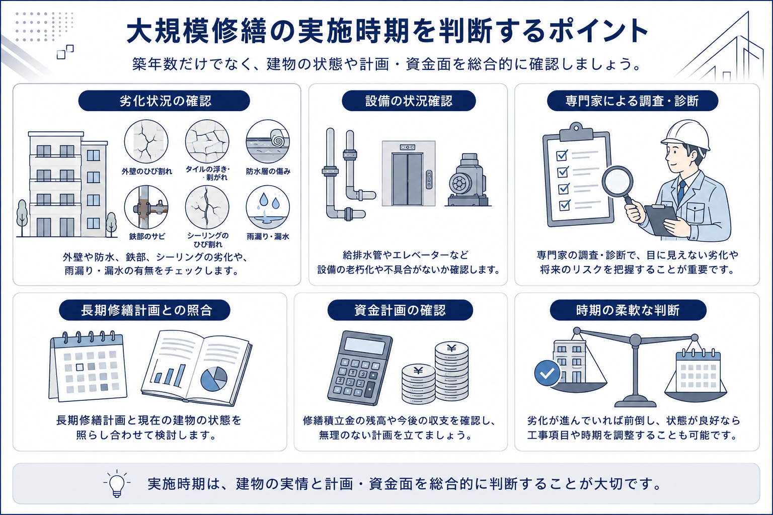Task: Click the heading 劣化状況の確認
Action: (x=165, y=101)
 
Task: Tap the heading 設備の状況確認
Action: (x=409, y=101)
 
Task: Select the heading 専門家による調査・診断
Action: (x=632, y=101)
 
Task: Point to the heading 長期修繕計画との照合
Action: (x=146, y=310)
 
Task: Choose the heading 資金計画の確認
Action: (x=400, y=310)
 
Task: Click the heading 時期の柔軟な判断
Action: (x=628, y=310)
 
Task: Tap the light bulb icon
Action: (x=117, y=484)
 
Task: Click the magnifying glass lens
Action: (x=617, y=182)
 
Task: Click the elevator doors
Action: (x=408, y=180)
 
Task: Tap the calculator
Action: (x=359, y=368)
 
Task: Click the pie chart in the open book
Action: (x=214, y=379)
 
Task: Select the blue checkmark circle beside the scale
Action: (x=548, y=373)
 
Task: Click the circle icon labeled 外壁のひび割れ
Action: (x=146, y=141)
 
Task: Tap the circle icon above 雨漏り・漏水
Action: (x=267, y=207)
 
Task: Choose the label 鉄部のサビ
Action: (x=147, y=237)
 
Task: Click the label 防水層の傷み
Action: (x=268, y=171)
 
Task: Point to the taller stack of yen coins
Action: (x=451, y=372)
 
